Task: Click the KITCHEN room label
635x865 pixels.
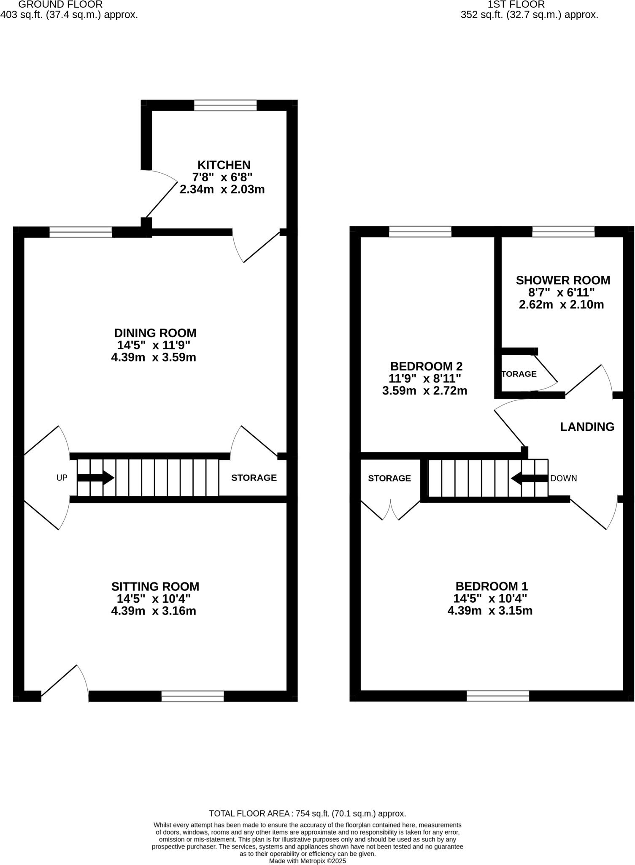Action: point(224,165)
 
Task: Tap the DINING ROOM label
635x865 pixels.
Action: point(155,333)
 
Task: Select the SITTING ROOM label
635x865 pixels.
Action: point(155,586)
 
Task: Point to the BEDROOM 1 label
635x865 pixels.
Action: point(492,586)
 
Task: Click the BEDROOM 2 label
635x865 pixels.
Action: point(426,366)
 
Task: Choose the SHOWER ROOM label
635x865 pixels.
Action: point(563,280)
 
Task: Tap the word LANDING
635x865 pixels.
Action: point(587,427)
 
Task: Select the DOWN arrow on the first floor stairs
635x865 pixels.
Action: point(530,478)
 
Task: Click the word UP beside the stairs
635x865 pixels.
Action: point(62,478)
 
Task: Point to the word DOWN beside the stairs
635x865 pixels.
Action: point(563,478)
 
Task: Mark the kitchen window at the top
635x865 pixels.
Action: point(225,105)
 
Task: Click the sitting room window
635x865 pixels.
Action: point(192,696)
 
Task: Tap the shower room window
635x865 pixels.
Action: point(563,231)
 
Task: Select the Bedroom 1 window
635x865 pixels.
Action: point(497,696)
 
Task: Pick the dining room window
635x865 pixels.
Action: point(81,232)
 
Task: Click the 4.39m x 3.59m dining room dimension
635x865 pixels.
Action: point(154,357)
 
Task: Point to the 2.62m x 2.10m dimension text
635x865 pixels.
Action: point(561,305)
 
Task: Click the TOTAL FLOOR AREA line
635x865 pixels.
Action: point(308,813)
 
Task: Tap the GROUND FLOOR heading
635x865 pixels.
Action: point(60,5)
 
